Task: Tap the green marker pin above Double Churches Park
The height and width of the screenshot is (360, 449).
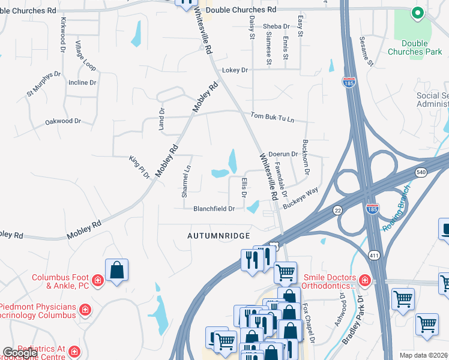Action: click(x=415, y=13)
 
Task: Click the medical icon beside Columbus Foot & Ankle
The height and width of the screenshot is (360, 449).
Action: click(x=97, y=280)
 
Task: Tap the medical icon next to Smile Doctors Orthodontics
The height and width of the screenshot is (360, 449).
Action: click(x=363, y=280)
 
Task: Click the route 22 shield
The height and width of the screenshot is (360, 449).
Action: click(x=337, y=209)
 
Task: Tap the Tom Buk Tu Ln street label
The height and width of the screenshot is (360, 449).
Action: click(x=273, y=117)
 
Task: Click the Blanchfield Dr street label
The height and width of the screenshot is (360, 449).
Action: click(x=214, y=209)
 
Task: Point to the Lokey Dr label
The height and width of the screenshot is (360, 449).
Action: click(x=235, y=70)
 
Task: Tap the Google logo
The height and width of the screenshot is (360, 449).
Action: click(x=19, y=352)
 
